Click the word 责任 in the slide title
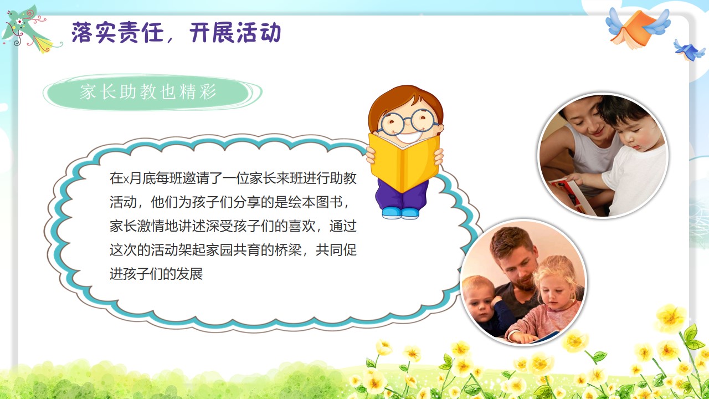(x=141, y=32)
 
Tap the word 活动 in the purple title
(x=259, y=32)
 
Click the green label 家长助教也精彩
(x=148, y=92)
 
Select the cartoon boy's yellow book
(x=404, y=161)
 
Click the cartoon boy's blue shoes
(x=400, y=213)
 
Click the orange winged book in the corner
(x=636, y=28)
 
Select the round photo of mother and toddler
(x=603, y=156)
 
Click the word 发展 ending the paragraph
(x=189, y=274)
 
